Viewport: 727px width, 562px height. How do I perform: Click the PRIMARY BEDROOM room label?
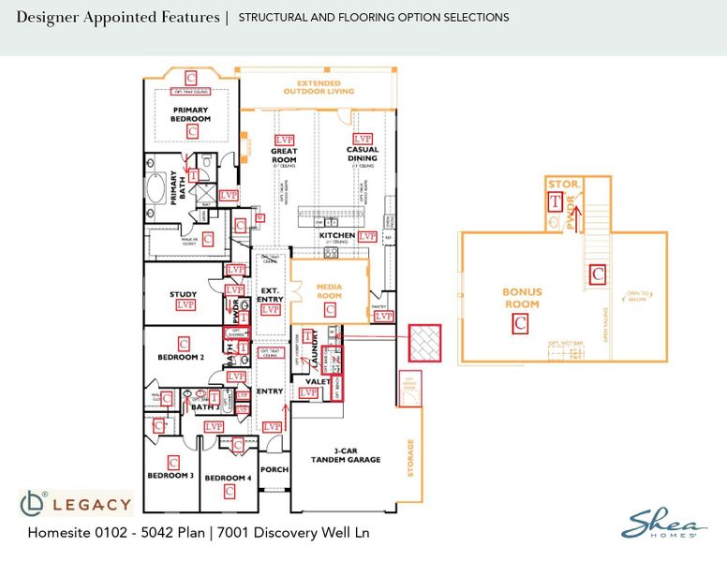[190, 114]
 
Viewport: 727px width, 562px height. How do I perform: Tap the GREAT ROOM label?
[284, 155]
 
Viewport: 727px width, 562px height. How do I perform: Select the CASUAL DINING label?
[362, 155]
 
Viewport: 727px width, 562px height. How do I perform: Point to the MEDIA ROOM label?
[329, 290]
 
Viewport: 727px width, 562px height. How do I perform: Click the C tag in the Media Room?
[329, 308]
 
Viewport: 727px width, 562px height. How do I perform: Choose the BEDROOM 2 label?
[181, 357]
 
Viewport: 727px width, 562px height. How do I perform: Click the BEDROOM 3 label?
[171, 476]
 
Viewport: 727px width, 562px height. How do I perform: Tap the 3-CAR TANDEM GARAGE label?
[347, 455]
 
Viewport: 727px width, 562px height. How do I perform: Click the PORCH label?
[274, 470]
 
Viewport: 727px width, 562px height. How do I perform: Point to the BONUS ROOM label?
[522, 298]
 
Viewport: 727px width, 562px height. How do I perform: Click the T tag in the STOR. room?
[556, 200]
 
